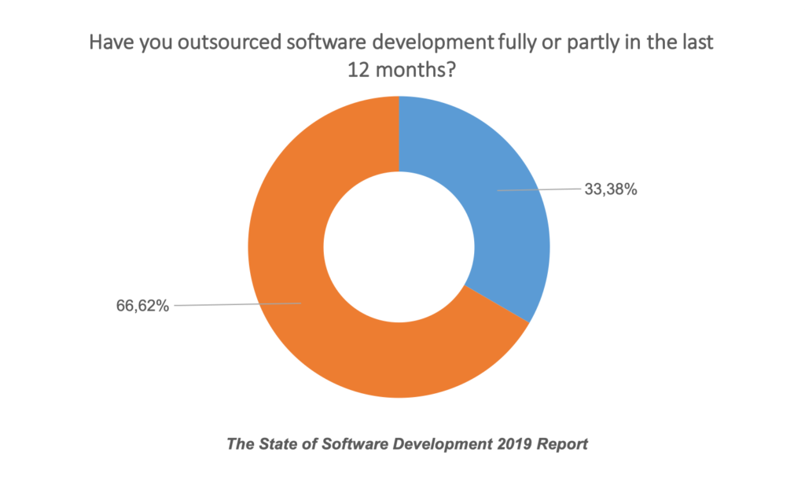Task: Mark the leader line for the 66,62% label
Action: (x=236, y=304)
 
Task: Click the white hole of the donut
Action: (x=399, y=247)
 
